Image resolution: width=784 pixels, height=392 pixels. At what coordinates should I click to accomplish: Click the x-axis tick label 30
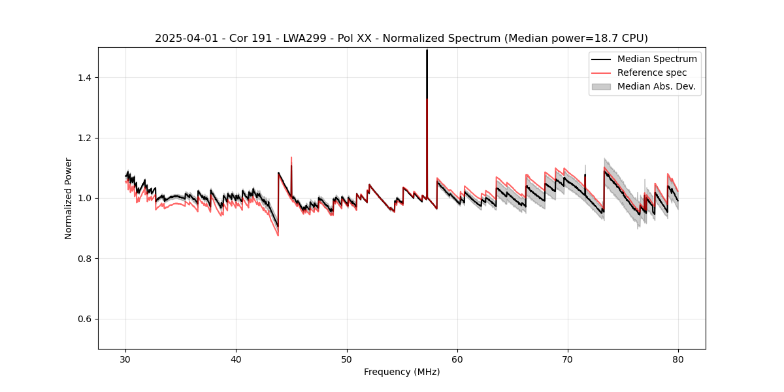tap(126, 359)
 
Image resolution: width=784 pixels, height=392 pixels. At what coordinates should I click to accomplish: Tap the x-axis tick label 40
tap(237, 359)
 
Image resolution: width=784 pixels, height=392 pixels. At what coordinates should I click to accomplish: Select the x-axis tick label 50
tap(347, 359)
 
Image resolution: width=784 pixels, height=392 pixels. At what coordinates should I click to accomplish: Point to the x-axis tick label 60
tap(457, 359)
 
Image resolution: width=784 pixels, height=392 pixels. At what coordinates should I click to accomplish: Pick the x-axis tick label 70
tap(568, 359)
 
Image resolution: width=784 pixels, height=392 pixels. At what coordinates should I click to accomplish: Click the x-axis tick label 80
tap(678, 359)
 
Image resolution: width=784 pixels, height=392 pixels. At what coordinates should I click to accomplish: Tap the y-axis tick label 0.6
tap(85, 319)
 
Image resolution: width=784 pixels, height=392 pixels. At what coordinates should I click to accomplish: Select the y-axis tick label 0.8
tap(85, 259)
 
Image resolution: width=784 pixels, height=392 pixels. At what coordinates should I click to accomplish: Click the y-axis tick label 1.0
tap(85, 198)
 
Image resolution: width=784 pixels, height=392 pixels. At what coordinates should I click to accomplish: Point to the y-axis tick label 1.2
tap(85, 138)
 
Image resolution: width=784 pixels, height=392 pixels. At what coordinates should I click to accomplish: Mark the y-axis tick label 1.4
tap(85, 78)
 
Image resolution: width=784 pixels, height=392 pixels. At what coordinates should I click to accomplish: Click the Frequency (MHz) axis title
tap(402, 372)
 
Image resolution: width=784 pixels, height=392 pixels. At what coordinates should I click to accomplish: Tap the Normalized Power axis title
tap(69, 198)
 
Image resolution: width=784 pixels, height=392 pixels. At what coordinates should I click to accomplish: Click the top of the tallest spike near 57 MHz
tap(427, 50)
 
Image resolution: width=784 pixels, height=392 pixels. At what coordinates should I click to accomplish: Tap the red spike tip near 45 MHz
tap(291, 157)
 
